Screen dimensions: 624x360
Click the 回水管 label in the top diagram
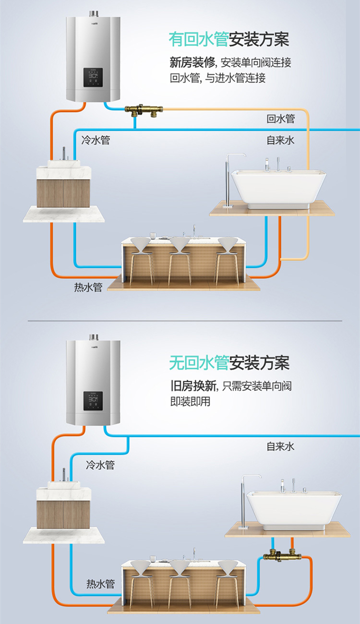281,119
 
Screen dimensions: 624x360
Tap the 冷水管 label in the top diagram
96,140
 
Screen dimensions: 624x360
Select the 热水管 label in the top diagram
88,288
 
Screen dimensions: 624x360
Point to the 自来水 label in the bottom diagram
281,446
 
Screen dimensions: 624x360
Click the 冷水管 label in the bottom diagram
100,465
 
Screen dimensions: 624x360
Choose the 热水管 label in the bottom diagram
100,584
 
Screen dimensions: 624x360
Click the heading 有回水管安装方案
229,39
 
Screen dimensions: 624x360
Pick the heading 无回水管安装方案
229,363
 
